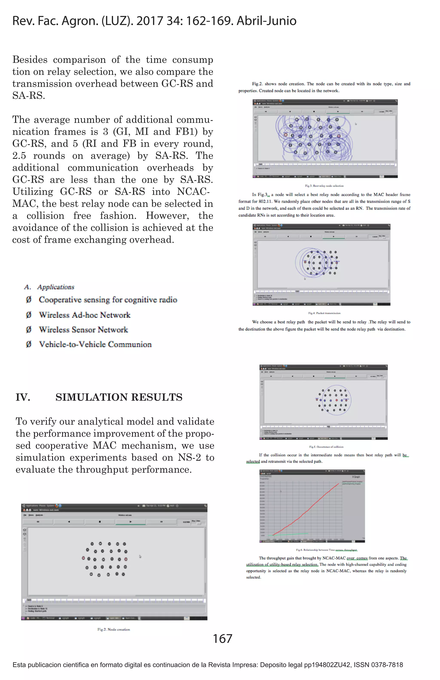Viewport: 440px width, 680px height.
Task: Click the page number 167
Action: point(222,638)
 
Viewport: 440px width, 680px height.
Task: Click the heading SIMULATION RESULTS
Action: point(119,397)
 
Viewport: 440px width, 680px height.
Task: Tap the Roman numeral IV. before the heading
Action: point(23,397)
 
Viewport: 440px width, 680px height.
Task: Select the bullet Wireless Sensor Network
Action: point(83,329)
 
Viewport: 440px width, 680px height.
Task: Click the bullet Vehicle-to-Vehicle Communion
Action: point(95,344)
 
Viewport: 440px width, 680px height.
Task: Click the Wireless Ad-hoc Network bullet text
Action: point(84,315)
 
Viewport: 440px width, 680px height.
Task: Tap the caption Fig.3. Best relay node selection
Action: point(324,186)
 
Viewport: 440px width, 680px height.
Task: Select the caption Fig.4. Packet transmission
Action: point(324,313)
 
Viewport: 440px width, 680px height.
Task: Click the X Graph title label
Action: point(356,477)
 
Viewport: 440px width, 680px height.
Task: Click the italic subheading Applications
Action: point(56,287)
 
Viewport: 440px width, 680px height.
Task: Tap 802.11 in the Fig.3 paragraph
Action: point(265,201)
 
